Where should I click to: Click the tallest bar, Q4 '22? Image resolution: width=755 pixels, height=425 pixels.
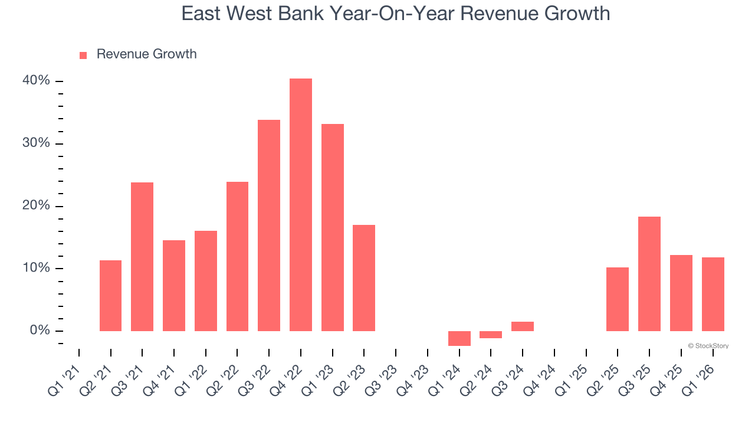[x=301, y=205]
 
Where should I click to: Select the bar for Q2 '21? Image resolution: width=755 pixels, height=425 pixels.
[x=110, y=296]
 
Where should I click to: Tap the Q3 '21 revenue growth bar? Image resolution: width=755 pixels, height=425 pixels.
[x=142, y=257]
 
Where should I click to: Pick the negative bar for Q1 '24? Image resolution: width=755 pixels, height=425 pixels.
[x=459, y=338]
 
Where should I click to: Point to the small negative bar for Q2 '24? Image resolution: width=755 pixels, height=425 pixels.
[x=491, y=335]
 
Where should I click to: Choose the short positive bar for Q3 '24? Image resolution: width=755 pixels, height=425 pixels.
[x=523, y=326]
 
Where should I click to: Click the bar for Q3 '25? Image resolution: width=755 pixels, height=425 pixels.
[x=649, y=274]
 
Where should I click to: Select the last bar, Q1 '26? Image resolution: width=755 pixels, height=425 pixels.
[x=713, y=294]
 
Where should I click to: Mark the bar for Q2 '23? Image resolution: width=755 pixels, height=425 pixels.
[x=364, y=278]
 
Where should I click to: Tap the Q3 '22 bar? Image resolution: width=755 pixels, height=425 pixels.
[x=269, y=225]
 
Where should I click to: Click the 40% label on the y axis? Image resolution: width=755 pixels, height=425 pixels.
[x=37, y=81]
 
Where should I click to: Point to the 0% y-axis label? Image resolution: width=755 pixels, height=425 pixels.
[x=40, y=331]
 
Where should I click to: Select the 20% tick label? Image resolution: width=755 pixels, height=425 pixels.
[x=37, y=206]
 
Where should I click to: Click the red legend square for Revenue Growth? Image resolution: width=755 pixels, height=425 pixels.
[x=83, y=55]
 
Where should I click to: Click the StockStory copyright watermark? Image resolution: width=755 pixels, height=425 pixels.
[x=708, y=346]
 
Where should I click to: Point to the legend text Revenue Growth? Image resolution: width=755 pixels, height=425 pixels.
[x=146, y=54]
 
